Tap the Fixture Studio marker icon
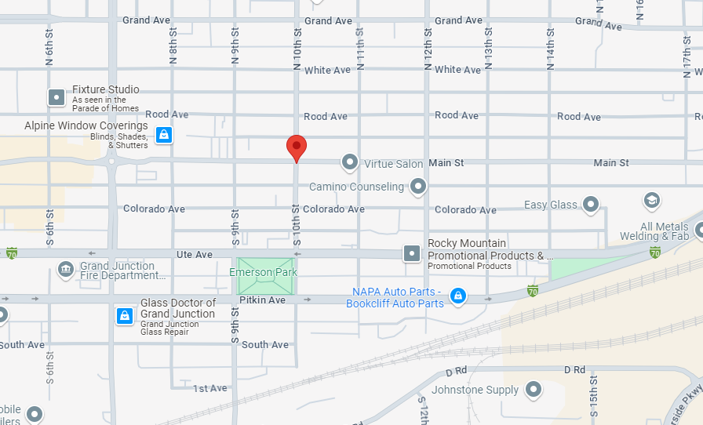click(x=56, y=97)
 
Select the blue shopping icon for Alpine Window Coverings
click(x=163, y=135)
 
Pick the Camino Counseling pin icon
click(x=418, y=187)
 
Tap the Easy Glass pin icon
click(x=592, y=205)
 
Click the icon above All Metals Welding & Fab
click(x=651, y=201)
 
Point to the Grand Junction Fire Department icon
click(x=65, y=271)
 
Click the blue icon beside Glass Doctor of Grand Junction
click(x=124, y=315)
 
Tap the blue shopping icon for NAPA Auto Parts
click(x=458, y=296)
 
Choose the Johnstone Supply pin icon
click(x=534, y=389)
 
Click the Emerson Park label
click(x=263, y=272)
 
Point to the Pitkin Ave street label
click(x=262, y=300)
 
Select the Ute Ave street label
click(x=194, y=255)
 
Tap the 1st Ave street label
click(x=210, y=388)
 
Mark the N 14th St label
click(x=550, y=44)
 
